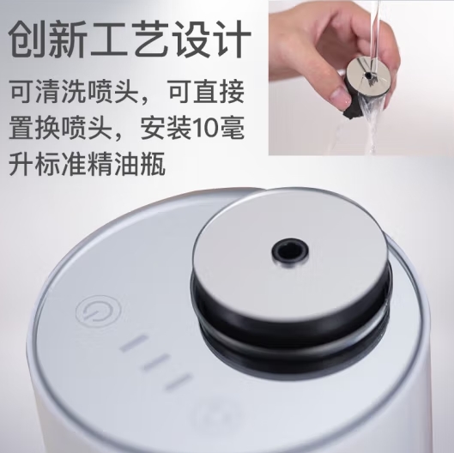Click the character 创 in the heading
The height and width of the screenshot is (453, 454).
[x=27, y=39]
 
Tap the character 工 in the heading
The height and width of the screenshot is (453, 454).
[x=108, y=39]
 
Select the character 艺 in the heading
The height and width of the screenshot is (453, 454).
[x=149, y=39]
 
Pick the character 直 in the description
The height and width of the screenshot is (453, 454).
[x=206, y=93]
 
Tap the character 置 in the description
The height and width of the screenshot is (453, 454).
[x=22, y=128]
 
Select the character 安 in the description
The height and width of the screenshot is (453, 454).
[x=153, y=128]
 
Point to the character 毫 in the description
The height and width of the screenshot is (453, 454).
[x=233, y=128]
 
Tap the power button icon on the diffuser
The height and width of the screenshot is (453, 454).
[x=99, y=311]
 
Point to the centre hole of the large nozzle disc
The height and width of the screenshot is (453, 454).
[x=290, y=250]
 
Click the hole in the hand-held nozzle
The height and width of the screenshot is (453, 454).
[x=368, y=75]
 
